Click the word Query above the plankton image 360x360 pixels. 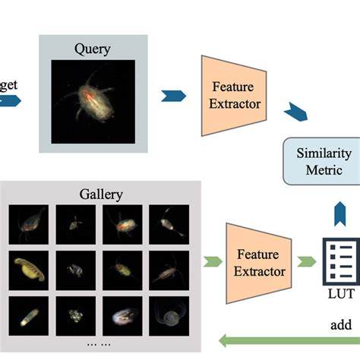[x=93, y=50]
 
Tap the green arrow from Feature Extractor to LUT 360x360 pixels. [x=305, y=262]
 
